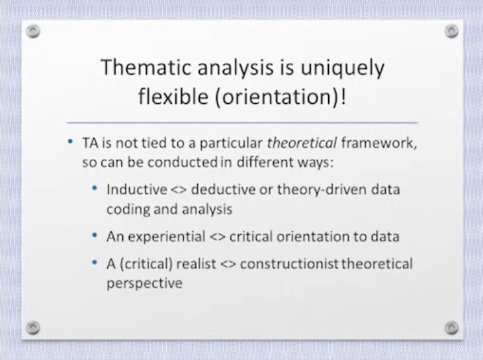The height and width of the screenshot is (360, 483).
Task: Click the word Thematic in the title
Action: [147, 67]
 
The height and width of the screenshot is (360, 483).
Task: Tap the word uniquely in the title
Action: [343, 69]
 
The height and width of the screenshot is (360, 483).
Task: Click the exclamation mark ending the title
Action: [344, 97]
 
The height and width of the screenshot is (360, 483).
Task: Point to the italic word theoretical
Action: [302, 143]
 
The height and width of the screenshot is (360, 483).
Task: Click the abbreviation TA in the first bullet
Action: [90, 143]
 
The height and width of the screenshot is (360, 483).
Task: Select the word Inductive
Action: [137, 189]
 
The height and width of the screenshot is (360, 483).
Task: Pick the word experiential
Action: [167, 237]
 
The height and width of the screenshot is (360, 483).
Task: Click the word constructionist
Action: [289, 264]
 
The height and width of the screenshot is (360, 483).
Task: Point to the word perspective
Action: [144, 283]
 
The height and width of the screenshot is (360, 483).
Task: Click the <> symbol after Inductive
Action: [179, 190]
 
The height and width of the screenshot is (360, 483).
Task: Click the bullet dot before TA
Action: [70, 142]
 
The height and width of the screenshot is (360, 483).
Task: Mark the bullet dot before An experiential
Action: [95, 236]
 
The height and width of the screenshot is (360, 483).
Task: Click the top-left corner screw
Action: [33, 31]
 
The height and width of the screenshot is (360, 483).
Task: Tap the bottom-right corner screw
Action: [452, 328]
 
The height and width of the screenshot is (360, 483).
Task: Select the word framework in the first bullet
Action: [379, 143]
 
